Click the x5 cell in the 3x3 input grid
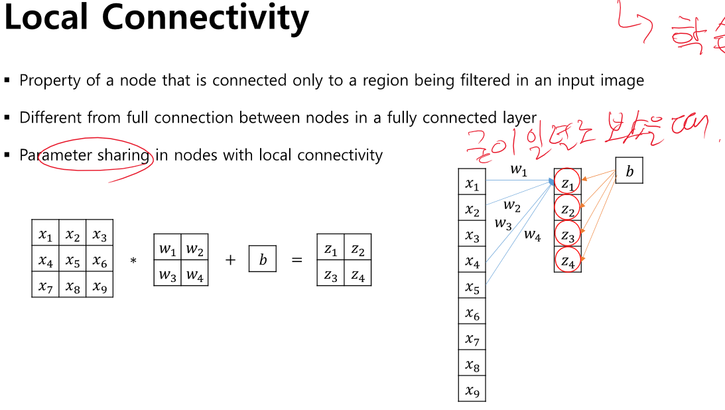(x=72, y=259)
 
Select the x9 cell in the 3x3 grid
(x=99, y=285)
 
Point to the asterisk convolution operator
(x=133, y=261)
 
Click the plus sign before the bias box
(x=230, y=260)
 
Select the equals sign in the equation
(x=297, y=260)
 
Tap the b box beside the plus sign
(x=263, y=259)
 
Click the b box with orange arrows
(x=629, y=171)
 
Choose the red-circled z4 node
(x=568, y=260)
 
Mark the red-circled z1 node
(x=568, y=181)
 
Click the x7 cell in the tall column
(x=472, y=340)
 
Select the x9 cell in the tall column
(x=472, y=390)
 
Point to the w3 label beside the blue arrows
(x=503, y=224)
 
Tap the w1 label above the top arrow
(x=518, y=169)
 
